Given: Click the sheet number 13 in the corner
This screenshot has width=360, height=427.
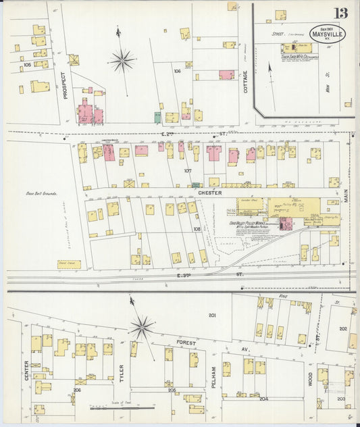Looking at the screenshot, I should click(340, 12).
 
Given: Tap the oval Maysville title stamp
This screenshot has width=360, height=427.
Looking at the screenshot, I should click(328, 33).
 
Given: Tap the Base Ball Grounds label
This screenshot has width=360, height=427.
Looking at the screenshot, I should click(42, 194).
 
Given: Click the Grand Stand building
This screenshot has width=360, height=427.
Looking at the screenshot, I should click(69, 264).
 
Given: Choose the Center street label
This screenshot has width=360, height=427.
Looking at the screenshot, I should click(26, 370).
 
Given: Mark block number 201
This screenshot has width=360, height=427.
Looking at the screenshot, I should click(211, 316).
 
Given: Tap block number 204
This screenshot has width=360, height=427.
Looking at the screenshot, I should click(263, 399).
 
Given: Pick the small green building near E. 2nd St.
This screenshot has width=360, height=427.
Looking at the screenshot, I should click(157, 117).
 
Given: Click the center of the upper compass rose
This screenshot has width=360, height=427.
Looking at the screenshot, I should click(122, 61).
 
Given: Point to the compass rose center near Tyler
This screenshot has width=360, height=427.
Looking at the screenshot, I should click(142, 328).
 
